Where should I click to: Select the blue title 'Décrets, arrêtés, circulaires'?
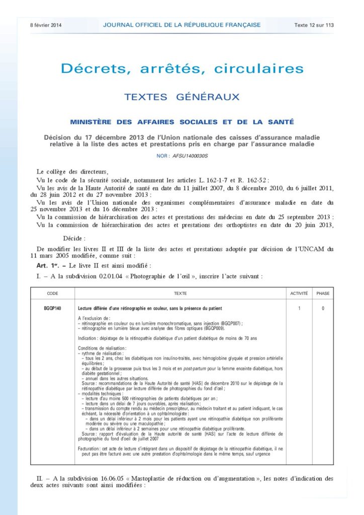(182, 69)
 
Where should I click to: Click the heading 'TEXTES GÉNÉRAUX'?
(182, 97)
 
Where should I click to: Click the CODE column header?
(52, 293)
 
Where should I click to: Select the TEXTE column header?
(180, 293)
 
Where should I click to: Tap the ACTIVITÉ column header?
(299, 293)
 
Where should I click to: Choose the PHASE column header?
(323, 293)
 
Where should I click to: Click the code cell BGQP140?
(53, 308)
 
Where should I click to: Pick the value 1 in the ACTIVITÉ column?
(299, 308)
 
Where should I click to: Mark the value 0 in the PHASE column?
(323, 308)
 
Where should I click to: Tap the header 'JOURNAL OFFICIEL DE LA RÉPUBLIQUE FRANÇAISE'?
(181, 25)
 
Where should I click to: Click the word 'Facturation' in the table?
(89, 448)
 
